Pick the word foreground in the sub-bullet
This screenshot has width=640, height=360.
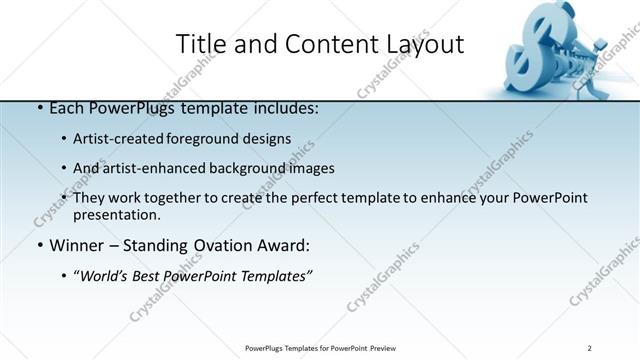point(203,139)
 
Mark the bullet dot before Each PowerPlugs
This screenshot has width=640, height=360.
point(39,108)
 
